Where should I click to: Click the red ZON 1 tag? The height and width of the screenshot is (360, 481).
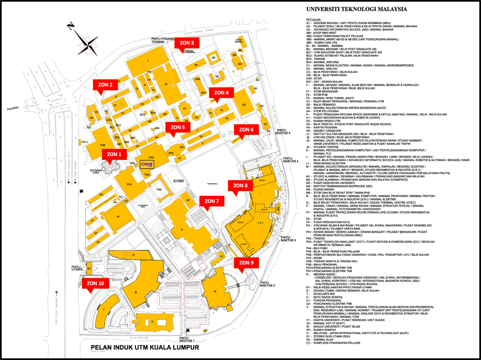[114, 154]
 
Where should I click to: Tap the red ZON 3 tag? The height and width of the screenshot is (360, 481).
[187, 43]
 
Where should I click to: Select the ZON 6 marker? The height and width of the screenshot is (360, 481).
[246, 130]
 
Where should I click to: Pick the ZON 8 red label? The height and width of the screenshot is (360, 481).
[240, 186]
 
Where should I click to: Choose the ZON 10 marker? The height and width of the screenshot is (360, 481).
[95, 283]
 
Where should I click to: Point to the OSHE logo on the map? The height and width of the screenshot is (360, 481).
[147, 164]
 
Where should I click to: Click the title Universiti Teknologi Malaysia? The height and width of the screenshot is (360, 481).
[357, 9]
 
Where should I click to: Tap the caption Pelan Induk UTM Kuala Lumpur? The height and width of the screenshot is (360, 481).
[145, 348]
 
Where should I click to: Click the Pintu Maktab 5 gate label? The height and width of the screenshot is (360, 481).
[282, 132]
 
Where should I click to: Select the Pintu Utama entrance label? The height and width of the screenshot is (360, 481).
[77, 268]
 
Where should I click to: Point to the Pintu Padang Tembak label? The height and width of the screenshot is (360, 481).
[163, 40]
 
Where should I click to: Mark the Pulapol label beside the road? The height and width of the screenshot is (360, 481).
[13, 108]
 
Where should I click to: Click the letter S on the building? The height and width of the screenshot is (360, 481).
[136, 292]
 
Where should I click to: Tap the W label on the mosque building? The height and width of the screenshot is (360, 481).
[215, 291]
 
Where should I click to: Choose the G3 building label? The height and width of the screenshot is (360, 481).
[244, 105]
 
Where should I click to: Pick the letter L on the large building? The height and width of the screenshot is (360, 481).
[148, 61]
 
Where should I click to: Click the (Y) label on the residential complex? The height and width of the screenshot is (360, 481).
[260, 223]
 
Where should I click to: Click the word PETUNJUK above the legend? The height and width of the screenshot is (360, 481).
[314, 20]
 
